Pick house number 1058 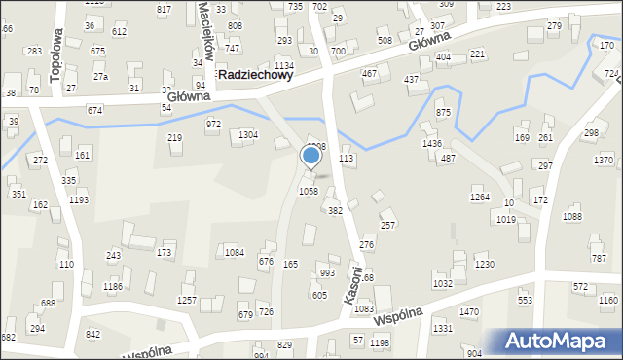(x=308, y=192)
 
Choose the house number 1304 (x=248, y=134)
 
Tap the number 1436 (x=432, y=144)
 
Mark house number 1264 (x=480, y=198)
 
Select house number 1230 (x=484, y=265)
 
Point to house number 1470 (x=469, y=312)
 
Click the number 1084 (x=235, y=253)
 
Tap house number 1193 (x=79, y=200)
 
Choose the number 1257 (x=186, y=301)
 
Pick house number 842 (x=93, y=334)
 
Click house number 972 (x=213, y=125)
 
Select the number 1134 (x=284, y=65)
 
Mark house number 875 (x=444, y=114)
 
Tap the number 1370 (x=604, y=160)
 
